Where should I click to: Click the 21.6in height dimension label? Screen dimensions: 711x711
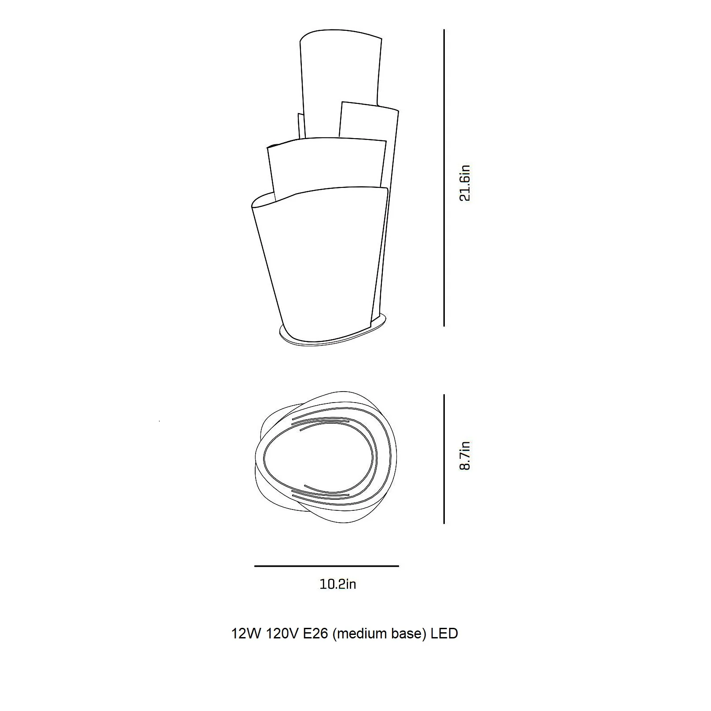tap(465, 183)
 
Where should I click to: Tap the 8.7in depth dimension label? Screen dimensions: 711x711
tap(465, 455)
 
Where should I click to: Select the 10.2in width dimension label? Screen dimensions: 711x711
tap(338, 584)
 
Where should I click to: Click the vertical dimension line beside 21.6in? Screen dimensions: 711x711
tap(444, 178)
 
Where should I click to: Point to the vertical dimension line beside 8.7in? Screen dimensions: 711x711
tap(444, 459)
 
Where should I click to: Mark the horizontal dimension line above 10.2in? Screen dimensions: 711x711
tap(326, 566)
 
